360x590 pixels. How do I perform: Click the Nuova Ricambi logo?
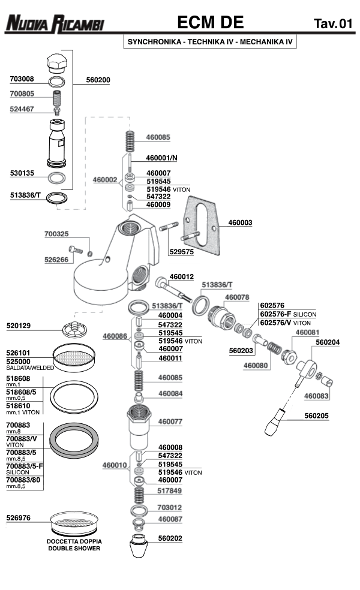click(55, 24)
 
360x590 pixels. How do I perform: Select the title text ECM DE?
click(210, 23)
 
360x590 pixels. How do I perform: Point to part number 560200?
click(98, 79)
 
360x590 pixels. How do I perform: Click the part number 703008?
click(22, 79)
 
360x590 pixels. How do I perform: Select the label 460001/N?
click(162, 158)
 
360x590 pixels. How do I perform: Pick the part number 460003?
click(240, 222)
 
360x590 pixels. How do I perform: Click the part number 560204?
click(328, 343)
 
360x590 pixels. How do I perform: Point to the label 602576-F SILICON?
click(287, 314)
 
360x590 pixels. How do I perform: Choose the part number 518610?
click(22, 405)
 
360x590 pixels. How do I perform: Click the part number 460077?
click(170, 422)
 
